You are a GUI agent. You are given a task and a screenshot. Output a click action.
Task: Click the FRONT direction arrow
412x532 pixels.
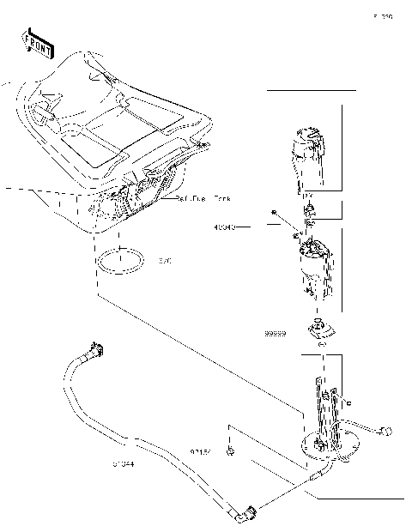coord(37,43)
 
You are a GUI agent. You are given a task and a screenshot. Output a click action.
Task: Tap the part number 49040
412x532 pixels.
coord(225,227)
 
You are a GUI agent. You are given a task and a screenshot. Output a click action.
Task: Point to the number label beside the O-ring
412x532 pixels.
coord(165,261)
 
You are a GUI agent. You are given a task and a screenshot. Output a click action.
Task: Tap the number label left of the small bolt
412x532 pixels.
coord(201,449)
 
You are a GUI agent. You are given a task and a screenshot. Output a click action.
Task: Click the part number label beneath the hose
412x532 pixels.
coord(123,465)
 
